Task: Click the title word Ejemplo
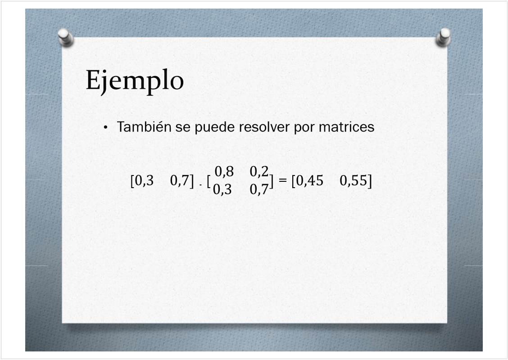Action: (135, 81)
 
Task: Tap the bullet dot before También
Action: (105, 127)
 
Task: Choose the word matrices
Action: (346, 126)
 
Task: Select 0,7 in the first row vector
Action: (180, 180)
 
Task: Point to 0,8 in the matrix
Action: (224, 171)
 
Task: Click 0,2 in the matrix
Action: (259, 171)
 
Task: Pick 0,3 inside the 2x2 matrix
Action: (222, 189)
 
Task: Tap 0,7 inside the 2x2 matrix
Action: (259, 189)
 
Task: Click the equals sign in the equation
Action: (282, 180)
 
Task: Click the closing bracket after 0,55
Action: (370, 180)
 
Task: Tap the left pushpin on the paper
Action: (66, 37)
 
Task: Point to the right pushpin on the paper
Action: (443, 37)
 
